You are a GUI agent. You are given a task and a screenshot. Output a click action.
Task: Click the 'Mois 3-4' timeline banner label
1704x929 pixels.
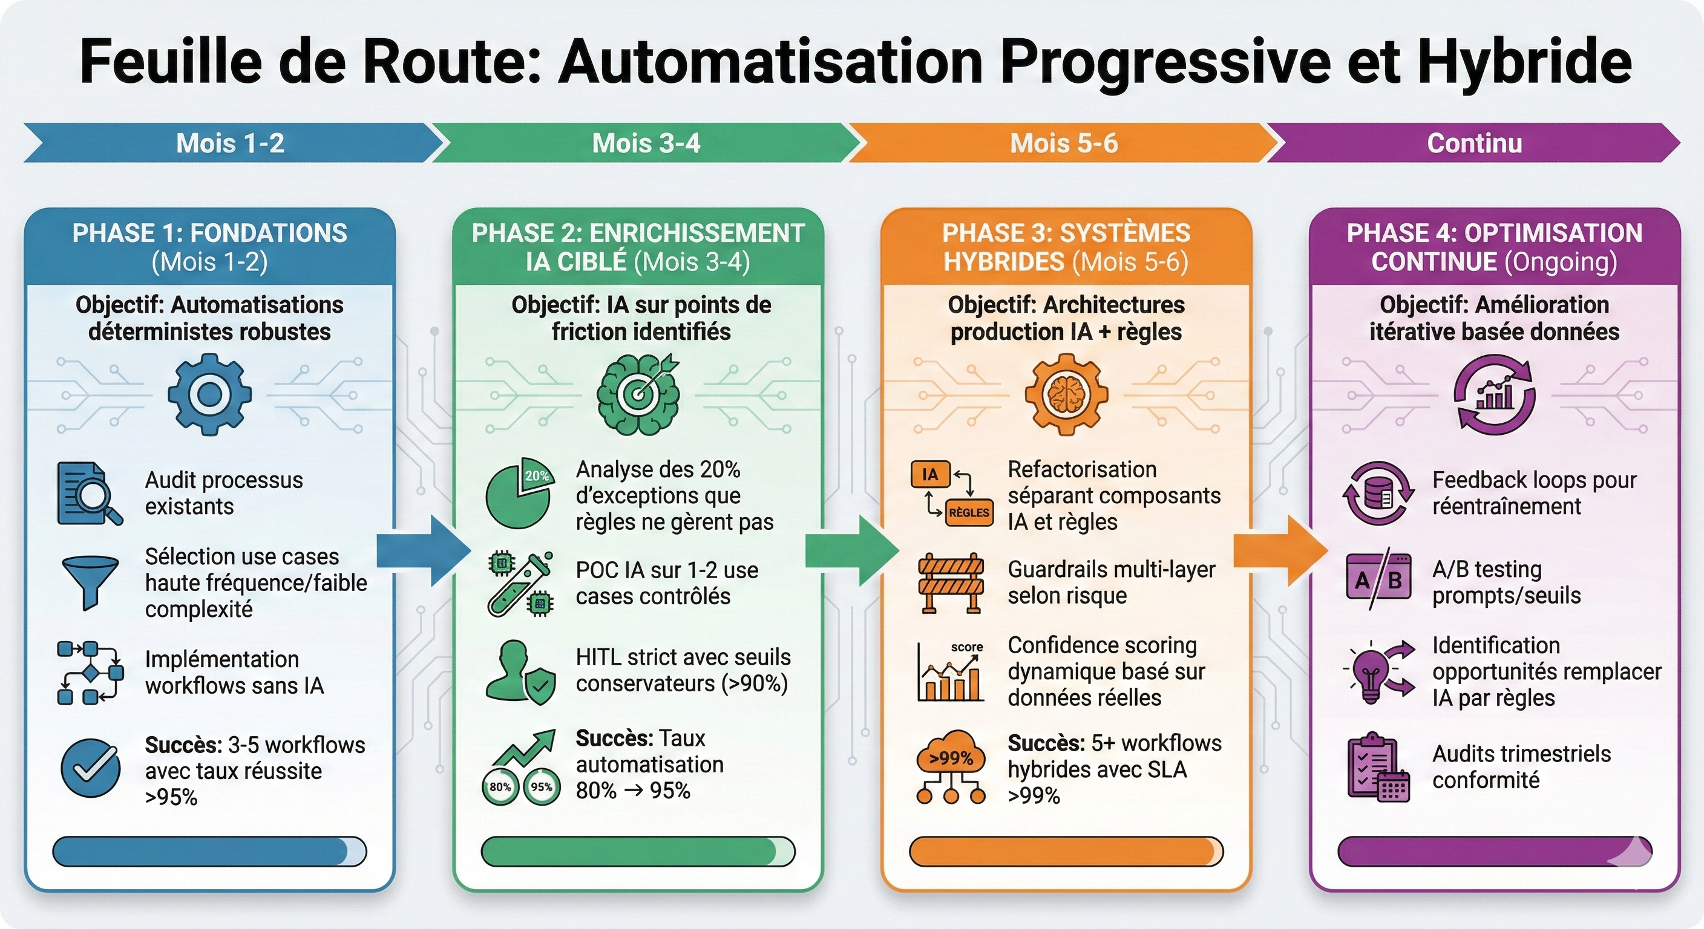click(646, 143)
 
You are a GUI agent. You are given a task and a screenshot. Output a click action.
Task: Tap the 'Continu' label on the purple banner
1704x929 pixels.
click(1474, 143)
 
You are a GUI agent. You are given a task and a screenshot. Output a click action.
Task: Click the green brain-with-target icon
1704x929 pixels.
click(638, 394)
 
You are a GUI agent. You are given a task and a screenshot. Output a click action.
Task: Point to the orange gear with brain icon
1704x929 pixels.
click(1066, 394)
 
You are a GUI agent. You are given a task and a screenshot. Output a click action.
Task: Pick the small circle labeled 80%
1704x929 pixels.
click(500, 787)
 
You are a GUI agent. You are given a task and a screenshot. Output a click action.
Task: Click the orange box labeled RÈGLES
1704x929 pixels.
click(969, 512)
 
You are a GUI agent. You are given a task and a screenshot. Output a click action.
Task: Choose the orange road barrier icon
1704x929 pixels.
click(951, 582)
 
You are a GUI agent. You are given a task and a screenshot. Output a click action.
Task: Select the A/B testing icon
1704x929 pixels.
click(1378, 581)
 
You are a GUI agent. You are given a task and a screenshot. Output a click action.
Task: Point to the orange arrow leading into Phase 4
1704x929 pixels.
click(1280, 551)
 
